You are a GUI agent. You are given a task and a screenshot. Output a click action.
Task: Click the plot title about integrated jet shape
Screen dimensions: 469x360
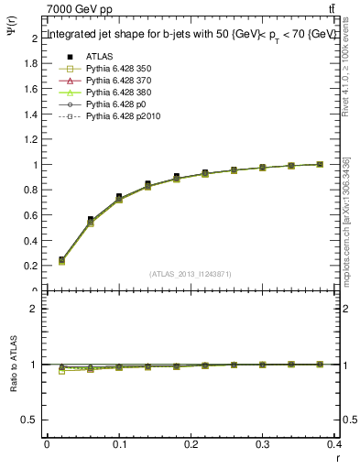click(191, 35)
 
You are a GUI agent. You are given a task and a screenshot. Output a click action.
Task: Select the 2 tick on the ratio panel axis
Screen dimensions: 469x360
click(34, 309)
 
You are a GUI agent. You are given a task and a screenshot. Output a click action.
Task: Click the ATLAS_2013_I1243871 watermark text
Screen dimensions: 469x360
click(191, 274)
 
